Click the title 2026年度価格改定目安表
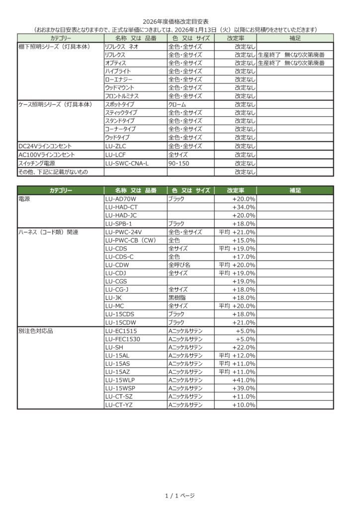click(x=176, y=22)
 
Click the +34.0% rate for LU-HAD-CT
click(x=244, y=207)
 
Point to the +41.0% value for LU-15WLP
click(x=244, y=380)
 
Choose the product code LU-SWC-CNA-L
click(x=127, y=163)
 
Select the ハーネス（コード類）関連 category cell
click(x=48, y=232)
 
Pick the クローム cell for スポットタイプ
click(x=178, y=104)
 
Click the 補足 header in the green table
click(x=295, y=190)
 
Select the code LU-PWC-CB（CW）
click(x=131, y=240)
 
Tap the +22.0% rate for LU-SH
click(x=244, y=347)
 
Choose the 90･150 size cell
click(x=180, y=163)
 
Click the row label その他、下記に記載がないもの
click(x=53, y=171)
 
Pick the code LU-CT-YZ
click(x=119, y=405)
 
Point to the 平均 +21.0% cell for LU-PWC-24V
click(x=237, y=232)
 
